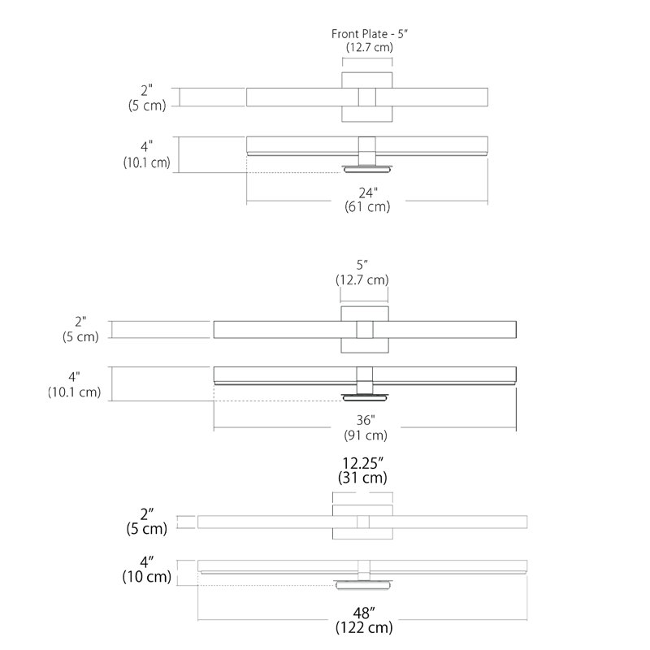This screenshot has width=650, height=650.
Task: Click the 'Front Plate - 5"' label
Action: [370, 34]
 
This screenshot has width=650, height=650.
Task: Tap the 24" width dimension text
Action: [368, 193]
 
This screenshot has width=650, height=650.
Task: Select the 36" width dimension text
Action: [365, 420]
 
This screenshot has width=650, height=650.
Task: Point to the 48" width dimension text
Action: [364, 613]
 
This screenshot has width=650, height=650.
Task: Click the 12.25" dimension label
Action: [362, 463]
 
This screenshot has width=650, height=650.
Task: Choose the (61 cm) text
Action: [368, 206]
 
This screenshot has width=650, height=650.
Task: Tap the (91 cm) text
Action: [366, 435]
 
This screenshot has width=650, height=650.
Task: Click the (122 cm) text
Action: [364, 627]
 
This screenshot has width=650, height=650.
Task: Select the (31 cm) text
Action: [362, 478]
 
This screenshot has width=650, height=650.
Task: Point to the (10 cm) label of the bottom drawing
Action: [147, 577]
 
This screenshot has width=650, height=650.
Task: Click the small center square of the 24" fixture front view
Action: [367, 97]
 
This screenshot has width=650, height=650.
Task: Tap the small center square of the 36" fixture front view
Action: [365, 330]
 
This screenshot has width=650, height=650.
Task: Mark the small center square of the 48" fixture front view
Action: [363, 522]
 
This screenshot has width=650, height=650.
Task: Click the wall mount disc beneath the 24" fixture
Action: [367, 169]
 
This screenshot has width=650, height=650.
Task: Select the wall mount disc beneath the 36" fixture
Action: [365, 397]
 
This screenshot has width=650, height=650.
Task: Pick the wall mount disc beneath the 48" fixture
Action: [363, 585]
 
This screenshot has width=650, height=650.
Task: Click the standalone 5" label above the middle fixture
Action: [362, 265]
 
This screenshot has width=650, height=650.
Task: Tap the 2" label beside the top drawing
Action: [146, 90]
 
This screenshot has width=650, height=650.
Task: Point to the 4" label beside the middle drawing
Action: [74, 377]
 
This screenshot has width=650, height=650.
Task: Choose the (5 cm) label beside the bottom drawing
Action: [147, 529]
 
